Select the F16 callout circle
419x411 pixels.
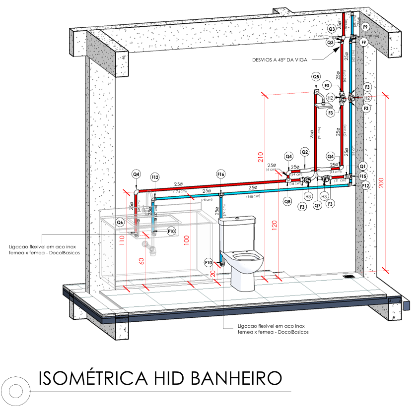click(221, 174)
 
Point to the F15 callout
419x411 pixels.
click(363, 176)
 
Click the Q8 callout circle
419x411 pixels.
click(287, 202)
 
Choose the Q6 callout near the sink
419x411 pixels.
click(120, 223)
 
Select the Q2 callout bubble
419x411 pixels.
click(305, 152)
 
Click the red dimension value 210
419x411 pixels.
click(260, 158)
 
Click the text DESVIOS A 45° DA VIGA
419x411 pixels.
click(280, 59)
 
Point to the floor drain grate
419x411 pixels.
click(349, 277)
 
